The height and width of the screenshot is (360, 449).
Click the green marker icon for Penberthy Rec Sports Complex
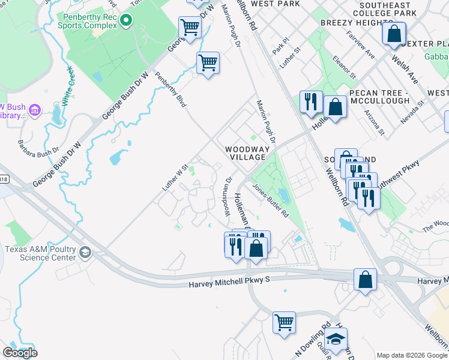click(125, 22)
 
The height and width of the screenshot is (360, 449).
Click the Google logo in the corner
click(20, 353)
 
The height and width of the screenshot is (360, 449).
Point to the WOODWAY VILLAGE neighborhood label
click(245, 153)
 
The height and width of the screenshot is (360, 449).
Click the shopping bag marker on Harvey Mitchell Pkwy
click(365, 280)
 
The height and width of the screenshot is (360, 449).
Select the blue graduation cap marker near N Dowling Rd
click(337, 337)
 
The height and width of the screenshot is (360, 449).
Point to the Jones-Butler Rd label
click(270, 200)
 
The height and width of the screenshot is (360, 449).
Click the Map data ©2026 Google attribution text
click(412, 355)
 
